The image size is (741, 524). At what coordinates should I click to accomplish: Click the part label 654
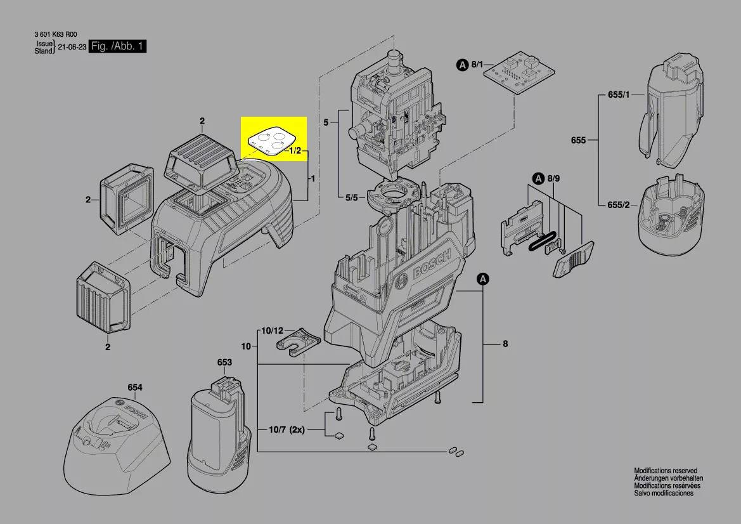coord(134,388)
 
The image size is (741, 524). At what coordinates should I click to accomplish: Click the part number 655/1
coord(619,95)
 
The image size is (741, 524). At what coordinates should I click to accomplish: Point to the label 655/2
coord(619,205)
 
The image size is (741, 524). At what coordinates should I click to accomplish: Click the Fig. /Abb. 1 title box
coord(119,47)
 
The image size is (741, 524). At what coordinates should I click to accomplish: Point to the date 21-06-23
coord(72,48)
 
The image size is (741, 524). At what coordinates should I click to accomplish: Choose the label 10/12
coord(273,331)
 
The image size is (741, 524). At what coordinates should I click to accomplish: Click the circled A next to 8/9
coord(538,179)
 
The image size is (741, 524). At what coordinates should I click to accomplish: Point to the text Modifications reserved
coord(666,471)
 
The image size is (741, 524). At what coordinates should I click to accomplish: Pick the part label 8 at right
coord(505,344)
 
